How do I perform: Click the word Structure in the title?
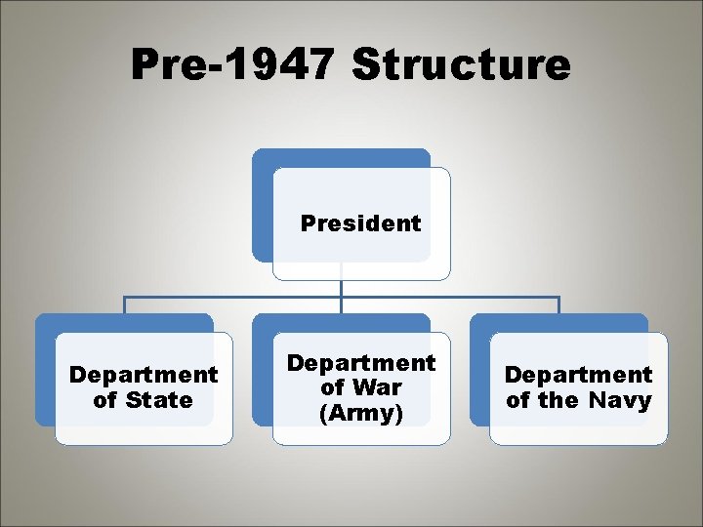click(x=461, y=65)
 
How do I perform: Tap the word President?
click(x=361, y=223)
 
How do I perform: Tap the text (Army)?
click(x=361, y=412)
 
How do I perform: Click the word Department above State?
click(x=144, y=375)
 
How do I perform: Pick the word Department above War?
click(x=361, y=363)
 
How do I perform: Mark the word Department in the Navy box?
click(x=578, y=375)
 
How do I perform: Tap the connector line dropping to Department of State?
click(x=124, y=304)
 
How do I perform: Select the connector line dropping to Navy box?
click(x=558, y=304)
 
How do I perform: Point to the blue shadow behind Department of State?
click(x=45, y=371)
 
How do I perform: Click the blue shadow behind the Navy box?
click(x=479, y=371)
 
